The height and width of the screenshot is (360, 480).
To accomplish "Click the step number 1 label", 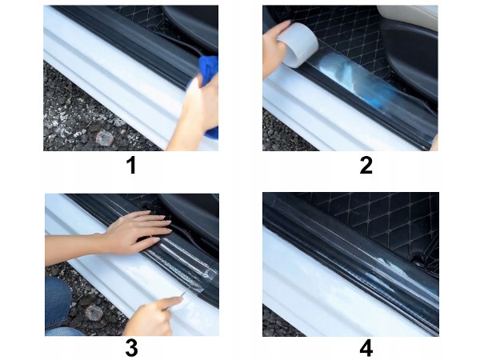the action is point(131,166).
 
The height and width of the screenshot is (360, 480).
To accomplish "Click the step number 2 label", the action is point(366,166).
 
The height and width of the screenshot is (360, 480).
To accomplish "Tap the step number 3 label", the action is point(132,348).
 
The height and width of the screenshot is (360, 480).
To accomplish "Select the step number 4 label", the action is point(366,348).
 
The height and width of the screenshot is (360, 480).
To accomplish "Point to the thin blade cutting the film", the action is point(182,294).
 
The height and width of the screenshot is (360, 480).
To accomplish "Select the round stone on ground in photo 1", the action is point(104,138).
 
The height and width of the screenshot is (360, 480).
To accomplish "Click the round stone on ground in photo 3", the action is point(94,313).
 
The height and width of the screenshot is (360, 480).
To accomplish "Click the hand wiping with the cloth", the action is point(196,116).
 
